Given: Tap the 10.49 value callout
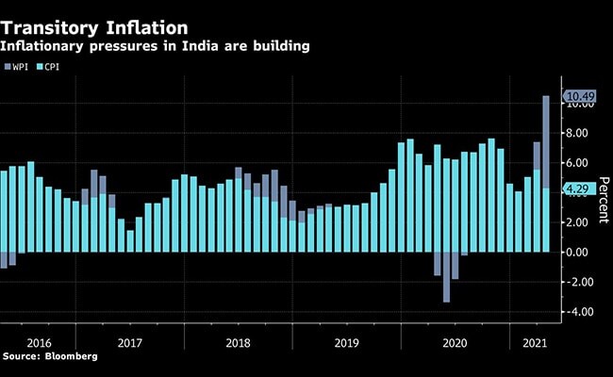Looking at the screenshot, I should coord(578,96).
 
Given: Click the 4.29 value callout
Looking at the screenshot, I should coord(578,188).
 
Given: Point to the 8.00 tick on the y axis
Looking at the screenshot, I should coord(578,133).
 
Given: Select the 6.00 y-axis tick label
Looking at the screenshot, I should coord(578,163).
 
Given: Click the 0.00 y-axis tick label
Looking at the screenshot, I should coord(578,252).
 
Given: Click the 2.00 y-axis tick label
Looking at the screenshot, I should coord(578,222).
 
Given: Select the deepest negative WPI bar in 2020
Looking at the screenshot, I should coord(446,277).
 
